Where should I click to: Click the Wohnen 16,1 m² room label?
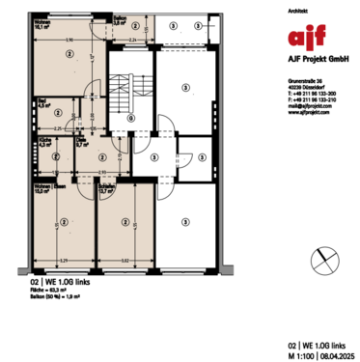43,26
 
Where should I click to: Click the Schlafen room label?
103,189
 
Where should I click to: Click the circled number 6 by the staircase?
130,118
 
